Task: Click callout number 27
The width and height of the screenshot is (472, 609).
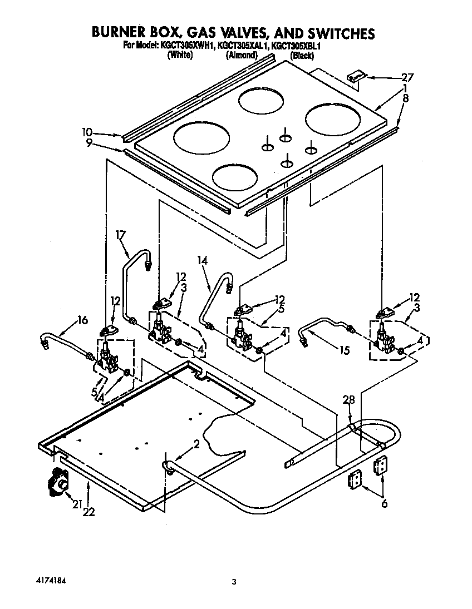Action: [x=408, y=77]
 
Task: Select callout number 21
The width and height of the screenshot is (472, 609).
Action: [x=76, y=504]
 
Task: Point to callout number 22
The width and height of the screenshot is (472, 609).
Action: [x=88, y=512]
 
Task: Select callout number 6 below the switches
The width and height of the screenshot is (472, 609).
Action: [x=384, y=504]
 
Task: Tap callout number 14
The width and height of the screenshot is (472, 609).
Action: [x=201, y=260]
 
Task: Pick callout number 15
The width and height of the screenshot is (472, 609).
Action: [x=345, y=350]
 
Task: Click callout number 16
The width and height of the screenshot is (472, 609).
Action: [x=82, y=320]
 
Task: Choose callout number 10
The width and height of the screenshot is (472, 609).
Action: [x=86, y=132]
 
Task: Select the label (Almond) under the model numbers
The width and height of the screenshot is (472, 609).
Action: [x=241, y=55]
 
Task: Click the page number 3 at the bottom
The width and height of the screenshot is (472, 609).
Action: [x=234, y=582]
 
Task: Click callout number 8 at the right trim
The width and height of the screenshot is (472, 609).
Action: [x=406, y=98]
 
